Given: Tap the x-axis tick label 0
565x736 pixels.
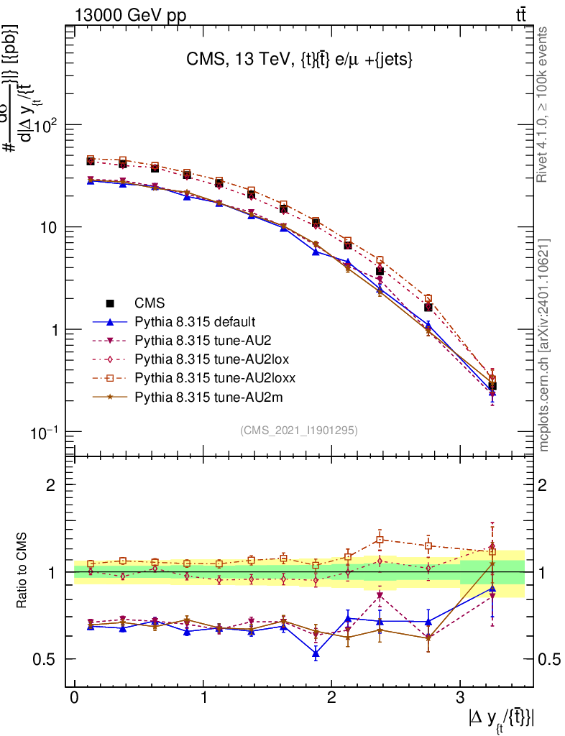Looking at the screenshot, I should point(74,698).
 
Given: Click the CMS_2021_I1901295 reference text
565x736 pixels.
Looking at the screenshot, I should point(299,431).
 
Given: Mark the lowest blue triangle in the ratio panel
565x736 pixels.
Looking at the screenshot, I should point(316,653).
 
